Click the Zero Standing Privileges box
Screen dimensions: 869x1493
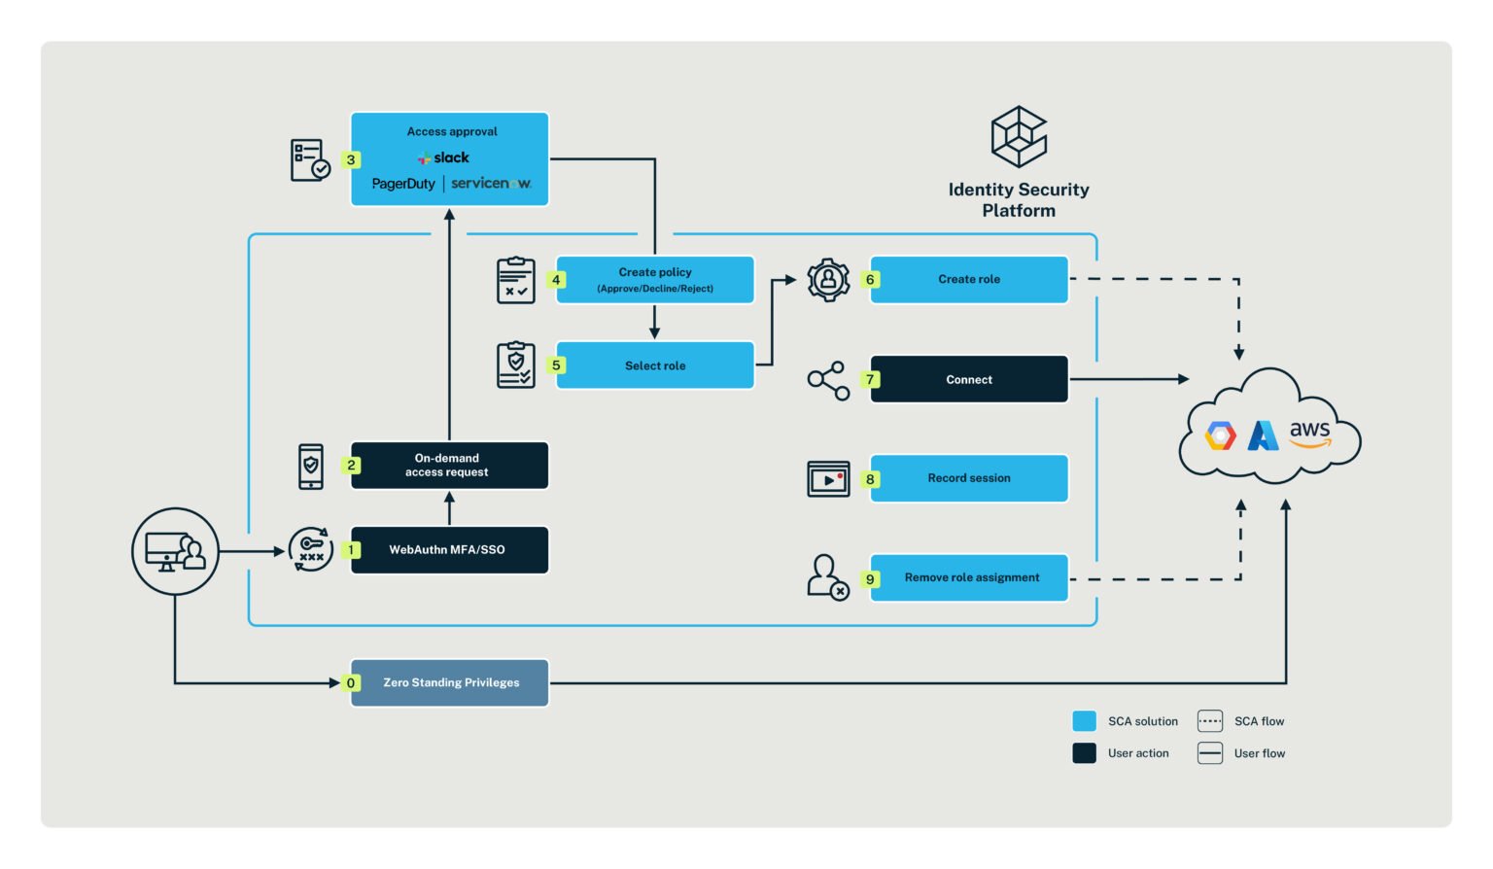click(450, 682)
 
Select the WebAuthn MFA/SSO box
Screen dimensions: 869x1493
click(449, 550)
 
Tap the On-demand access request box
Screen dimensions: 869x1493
click(449, 466)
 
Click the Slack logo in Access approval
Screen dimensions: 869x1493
click(444, 157)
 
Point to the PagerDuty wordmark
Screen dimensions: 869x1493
click(403, 184)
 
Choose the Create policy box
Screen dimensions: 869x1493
click(654, 280)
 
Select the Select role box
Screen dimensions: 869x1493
click(654, 365)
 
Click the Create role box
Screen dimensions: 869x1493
click(968, 280)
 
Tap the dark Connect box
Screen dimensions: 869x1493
click(968, 380)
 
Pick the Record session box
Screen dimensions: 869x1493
click(968, 478)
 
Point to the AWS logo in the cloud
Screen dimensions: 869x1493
click(1309, 434)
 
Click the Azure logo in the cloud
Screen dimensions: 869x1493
click(1263, 435)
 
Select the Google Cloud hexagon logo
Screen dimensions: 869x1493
click(1221, 435)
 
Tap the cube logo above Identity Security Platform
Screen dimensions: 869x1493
click(1018, 137)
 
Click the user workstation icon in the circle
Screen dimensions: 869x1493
click(175, 551)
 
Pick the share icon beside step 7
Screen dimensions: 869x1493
click(828, 380)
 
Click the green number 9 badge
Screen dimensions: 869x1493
click(870, 579)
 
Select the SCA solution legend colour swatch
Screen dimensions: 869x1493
click(1084, 721)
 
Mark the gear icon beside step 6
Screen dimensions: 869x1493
click(828, 280)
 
